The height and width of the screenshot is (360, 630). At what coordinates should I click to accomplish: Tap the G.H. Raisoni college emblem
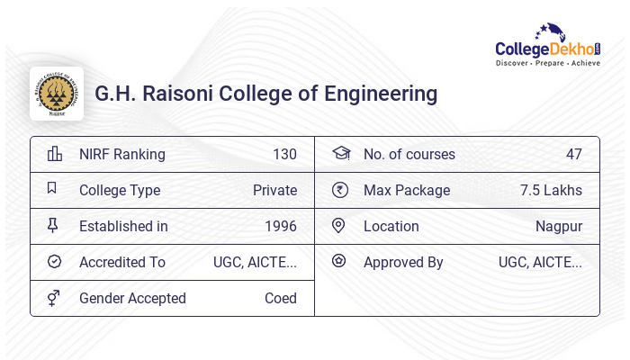pyautogui.click(x=57, y=93)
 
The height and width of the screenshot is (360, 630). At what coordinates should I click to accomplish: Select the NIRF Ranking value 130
pyautogui.click(x=284, y=154)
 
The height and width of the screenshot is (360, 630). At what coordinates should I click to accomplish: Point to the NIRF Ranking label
pyautogui.click(x=122, y=154)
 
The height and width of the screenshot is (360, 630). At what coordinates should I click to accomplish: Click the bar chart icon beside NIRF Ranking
pyautogui.click(x=54, y=154)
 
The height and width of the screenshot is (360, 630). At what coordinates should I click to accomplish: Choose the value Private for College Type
pyautogui.click(x=274, y=190)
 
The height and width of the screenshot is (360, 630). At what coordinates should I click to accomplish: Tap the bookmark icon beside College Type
pyautogui.click(x=52, y=189)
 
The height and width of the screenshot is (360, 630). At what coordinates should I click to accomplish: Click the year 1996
pyautogui.click(x=281, y=226)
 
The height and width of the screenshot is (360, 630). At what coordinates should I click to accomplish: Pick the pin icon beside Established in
pyautogui.click(x=53, y=226)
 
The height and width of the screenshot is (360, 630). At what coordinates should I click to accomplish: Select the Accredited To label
pyautogui.click(x=122, y=262)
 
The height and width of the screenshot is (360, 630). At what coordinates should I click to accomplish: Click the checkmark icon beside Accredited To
pyautogui.click(x=54, y=262)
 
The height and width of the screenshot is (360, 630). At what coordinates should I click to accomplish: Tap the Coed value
pyautogui.click(x=281, y=298)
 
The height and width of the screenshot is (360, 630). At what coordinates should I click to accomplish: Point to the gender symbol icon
pyautogui.click(x=54, y=298)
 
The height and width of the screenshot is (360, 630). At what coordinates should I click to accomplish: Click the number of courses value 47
pyautogui.click(x=574, y=154)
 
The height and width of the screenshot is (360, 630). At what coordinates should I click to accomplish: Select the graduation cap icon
pyautogui.click(x=340, y=153)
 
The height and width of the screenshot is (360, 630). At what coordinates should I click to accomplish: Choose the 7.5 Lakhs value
pyautogui.click(x=551, y=190)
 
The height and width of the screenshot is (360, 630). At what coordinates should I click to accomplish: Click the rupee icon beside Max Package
pyautogui.click(x=339, y=190)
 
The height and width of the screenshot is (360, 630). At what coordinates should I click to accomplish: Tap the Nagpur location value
pyautogui.click(x=559, y=226)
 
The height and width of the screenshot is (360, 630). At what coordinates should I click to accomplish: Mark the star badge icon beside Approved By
pyautogui.click(x=338, y=261)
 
